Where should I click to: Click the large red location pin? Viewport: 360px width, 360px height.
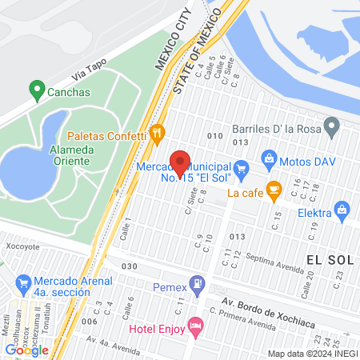click(181, 163)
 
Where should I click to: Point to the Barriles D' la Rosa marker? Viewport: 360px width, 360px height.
click(333, 126)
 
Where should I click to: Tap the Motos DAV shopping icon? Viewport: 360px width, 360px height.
click(270, 159)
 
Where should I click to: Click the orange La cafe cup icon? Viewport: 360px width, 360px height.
click(274, 190)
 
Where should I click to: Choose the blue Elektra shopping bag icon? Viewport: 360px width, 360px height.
click(342, 210)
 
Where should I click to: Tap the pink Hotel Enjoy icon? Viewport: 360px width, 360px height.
click(195, 326)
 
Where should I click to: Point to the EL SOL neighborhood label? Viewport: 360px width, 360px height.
click(329, 259)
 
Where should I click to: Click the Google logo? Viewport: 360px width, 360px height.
click(26, 350)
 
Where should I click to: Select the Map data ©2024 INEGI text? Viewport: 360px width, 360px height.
click(310, 354)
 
